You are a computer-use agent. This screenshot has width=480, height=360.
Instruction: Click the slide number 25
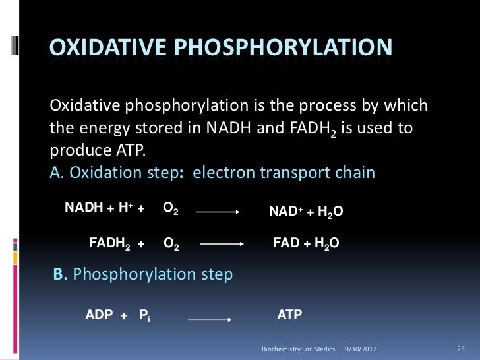click(461, 347)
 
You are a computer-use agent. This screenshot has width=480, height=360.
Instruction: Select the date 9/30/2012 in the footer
click(361, 347)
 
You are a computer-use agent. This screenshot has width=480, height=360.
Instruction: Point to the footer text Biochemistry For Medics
click(298, 347)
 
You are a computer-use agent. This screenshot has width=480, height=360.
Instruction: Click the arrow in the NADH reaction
click(218, 212)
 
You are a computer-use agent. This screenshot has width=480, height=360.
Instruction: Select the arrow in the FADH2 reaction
click(222, 245)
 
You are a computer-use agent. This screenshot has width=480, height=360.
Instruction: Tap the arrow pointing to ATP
click(210, 319)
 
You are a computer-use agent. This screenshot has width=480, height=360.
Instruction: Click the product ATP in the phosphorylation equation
click(289, 315)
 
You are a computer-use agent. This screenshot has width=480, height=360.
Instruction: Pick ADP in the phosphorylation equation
click(99, 315)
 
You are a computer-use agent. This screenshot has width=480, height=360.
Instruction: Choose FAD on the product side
click(285, 243)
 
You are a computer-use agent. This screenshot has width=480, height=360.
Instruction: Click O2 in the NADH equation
click(170, 209)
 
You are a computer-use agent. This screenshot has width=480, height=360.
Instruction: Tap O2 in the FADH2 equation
click(170, 245)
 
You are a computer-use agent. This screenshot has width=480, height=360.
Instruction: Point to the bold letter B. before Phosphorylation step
click(60, 274)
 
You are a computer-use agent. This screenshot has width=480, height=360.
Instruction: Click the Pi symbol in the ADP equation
click(144, 315)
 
